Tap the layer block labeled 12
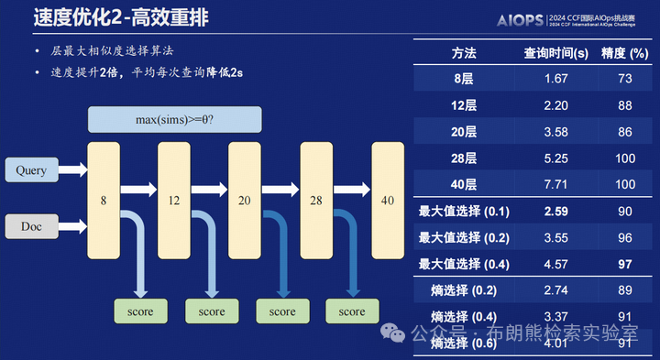click(x=173, y=199)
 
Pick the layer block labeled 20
click(x=245, y=199)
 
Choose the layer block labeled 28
click(x=316, y=199)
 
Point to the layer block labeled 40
click(x=387, y=199)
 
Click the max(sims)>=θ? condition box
click(x=174, y=120)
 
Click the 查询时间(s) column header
click(x=555, y=53)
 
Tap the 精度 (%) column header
click(x=625, y=53)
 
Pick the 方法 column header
click(x=464, y=53)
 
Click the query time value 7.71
click(x=556, y=185)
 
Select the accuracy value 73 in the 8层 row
click(x=625, y=80)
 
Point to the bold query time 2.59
click(x=556, y=212)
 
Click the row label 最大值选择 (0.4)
click(x=464, y=264)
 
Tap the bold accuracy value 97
click(x=625, y=264)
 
